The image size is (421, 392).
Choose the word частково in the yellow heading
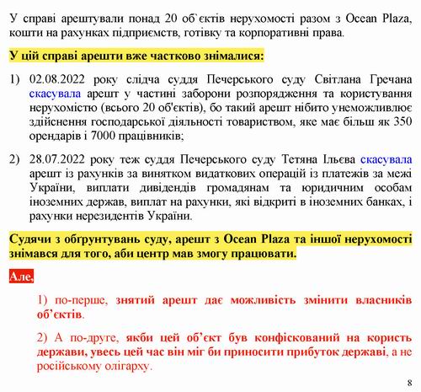coord(157,55)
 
